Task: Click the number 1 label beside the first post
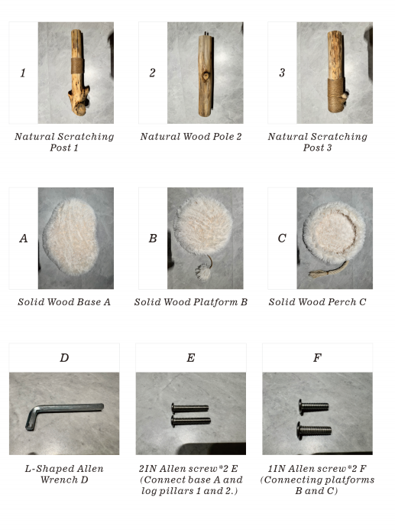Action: tap(23, 73)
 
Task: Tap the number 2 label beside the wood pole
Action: tap(152, 73)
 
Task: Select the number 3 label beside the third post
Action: tap(282, 73)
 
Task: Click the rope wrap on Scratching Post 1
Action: tap(77, 66)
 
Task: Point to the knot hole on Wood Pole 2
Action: tap(206, 76)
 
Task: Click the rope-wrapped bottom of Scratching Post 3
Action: tap(336, 96)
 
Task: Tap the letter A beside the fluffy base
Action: tap(23, 239)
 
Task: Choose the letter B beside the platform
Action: tap(153, 239)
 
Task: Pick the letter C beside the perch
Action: tap(282, 239)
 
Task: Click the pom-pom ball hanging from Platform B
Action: tap(203, 272)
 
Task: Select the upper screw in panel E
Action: tap(189, 408)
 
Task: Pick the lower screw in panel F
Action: tap(314, 431)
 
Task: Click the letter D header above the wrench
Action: tap(64, 358)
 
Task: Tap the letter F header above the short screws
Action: tap(317, 358)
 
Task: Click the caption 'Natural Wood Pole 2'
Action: tap(191, 137)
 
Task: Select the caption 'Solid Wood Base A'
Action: tap(64, 302)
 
